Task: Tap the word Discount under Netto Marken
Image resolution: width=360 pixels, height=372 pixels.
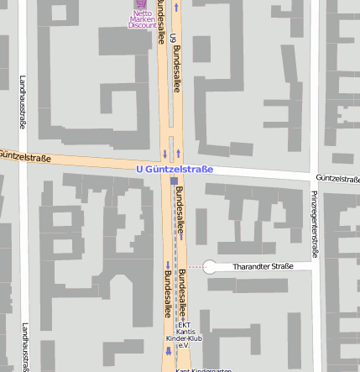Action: [x=142, y=25]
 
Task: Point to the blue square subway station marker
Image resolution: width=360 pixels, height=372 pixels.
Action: [x=174, y=181]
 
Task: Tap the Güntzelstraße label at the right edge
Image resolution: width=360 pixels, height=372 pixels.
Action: [x=338, y=179]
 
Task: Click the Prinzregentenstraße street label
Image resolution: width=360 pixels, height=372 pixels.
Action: [x=315, y=223]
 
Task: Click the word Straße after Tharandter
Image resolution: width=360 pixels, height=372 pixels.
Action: [x=284, y=266]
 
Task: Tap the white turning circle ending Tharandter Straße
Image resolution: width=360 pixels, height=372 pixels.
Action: [x=211, y=267]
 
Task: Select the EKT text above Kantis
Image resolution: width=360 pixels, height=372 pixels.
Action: [x=185, y=325]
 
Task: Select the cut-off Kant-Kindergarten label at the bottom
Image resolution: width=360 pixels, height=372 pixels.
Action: [x=203, y=369]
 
